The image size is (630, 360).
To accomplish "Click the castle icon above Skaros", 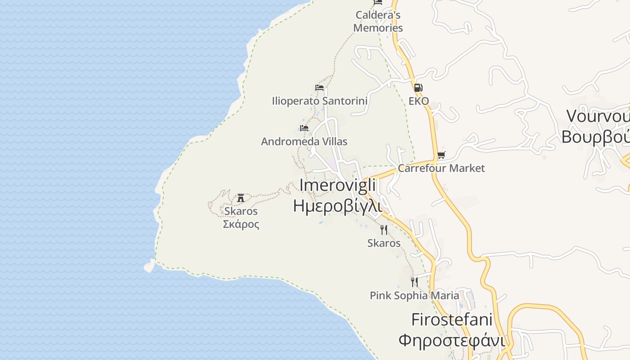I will click(x=241, y=198).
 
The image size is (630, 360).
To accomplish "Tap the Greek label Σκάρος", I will click(x=241, y=224).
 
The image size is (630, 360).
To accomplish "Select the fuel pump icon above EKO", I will click(x=418, y=88).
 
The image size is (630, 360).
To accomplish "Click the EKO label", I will click(x=418, y=101).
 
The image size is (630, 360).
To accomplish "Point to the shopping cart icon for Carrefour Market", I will click(x=441, y=155).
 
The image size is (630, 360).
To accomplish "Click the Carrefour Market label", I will click(x=441, y=168).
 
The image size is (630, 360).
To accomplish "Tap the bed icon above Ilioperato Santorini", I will click(x=319, y=88).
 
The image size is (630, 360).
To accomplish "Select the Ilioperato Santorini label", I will click(x=319, y=101).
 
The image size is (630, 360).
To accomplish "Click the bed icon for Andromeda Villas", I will click(x=304, y=128).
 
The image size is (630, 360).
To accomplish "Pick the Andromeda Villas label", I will click(x=304, y=142).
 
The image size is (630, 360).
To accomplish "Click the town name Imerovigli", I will click(x=337, y=185).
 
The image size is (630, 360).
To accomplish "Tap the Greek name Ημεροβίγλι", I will click(x=337, y=206).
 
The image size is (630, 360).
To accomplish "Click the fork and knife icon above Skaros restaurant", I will click(x=383, y=230).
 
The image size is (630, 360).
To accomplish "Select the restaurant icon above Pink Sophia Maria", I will click(x=414, y=282).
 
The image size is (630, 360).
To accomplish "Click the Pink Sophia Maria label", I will click(x=414, y=296).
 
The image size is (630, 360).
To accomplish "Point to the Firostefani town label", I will click(x=452, y=320).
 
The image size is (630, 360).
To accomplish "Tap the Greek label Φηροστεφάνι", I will click(x=452, y=341).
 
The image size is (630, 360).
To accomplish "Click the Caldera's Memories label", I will click(x=378, y=21).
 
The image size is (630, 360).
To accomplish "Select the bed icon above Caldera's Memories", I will click(x=378, y=2).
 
